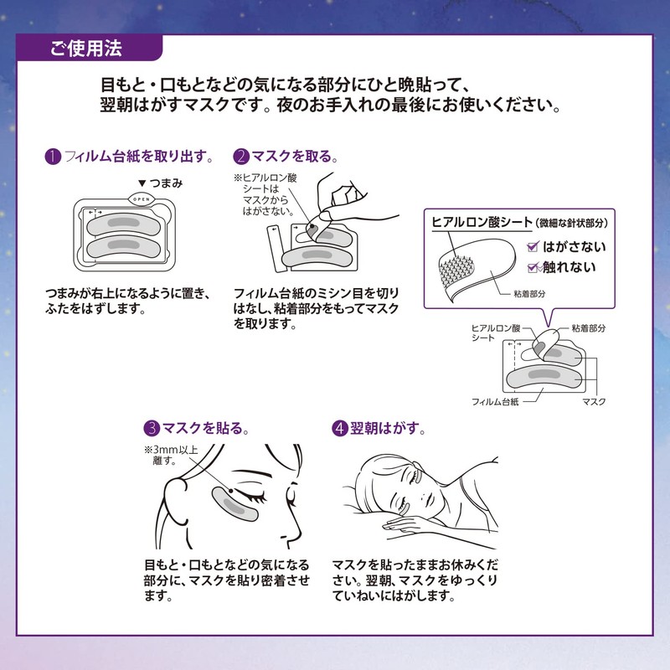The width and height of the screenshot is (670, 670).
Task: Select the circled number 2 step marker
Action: [x=241, y=157]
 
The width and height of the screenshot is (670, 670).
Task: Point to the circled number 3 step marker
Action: [x=151, y=428]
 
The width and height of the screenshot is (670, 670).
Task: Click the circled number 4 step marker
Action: [x=339, y=428]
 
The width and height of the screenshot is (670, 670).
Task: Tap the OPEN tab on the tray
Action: [x=140, y=199]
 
